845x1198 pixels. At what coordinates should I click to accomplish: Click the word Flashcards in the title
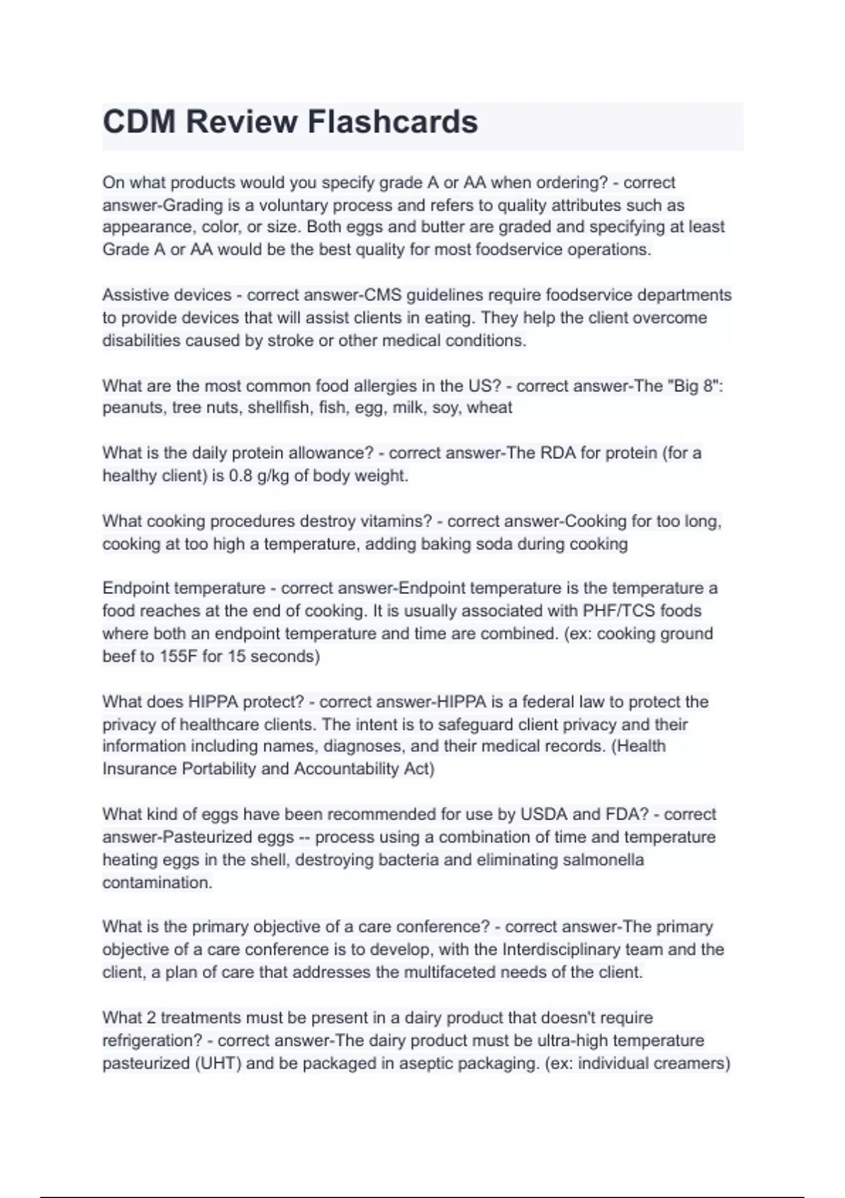393,122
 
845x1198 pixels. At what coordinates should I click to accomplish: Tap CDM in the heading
139,122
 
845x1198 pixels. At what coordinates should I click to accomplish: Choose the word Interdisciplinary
570,949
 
